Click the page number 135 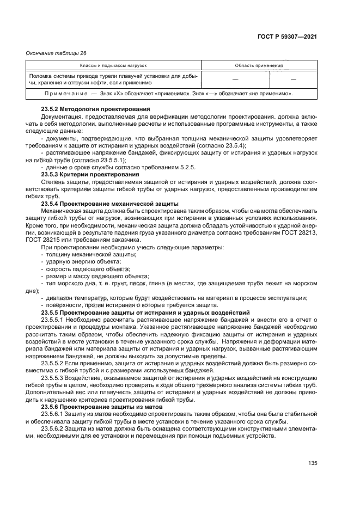pyautogui.click(x=312, y=464)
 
